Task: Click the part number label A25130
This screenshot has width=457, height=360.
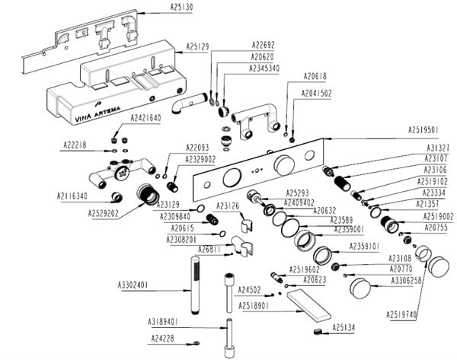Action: (x=181, y=7)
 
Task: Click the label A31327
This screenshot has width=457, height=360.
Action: (x=437, y=148)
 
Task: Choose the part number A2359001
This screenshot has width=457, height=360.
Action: (x=350, y=228)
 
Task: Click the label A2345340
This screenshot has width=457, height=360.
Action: (x=265, y=68)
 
